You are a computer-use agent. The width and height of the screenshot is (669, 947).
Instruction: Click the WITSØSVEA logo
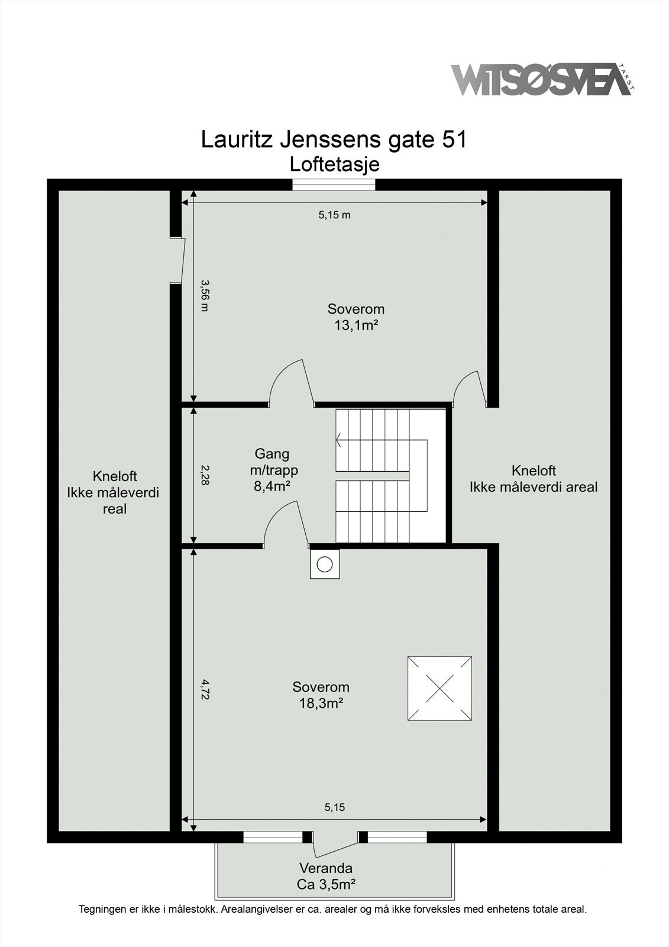(x=541, y=79)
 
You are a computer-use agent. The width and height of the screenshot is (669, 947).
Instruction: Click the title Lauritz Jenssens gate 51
(x=334, y=140)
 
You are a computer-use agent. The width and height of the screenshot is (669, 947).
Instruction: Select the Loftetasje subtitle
(x=334, y=164)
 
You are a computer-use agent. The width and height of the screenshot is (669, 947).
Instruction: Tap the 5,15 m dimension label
(x=334, y=215)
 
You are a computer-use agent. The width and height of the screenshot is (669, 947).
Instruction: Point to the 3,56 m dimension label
(x=205, y=296)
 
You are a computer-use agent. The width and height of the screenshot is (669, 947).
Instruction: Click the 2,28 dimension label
(x=205, y=475)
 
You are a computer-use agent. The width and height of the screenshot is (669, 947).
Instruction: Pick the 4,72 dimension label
(x=205, y=690)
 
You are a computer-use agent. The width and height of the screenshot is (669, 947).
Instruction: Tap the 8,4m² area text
(x=273, y=487)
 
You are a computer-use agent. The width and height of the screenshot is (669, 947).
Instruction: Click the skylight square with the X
(x=439, y=688)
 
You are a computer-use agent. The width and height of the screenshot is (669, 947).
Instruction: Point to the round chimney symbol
(x=324, y=564)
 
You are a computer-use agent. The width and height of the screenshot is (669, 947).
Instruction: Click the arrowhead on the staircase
(x=338, y=440)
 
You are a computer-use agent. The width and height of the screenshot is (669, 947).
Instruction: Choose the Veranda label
(x=326, y=868)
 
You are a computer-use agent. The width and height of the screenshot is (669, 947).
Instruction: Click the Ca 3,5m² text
(x=326, y=884)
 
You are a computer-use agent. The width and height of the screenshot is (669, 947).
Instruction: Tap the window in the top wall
(x=334, y=185)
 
